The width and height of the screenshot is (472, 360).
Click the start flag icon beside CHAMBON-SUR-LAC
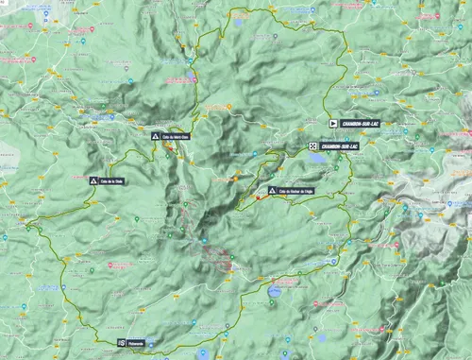333,123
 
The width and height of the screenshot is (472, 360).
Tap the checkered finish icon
312,146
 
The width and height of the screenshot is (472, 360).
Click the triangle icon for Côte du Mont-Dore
155,137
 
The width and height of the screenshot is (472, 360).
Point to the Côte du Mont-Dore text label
176,137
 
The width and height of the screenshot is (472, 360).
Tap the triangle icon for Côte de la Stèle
93,180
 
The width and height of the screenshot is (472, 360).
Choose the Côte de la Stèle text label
112,180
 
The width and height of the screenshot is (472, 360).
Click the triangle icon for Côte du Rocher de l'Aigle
272,190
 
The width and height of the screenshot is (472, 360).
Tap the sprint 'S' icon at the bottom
121,342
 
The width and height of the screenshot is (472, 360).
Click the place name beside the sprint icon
138,342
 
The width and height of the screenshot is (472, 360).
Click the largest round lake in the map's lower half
274,292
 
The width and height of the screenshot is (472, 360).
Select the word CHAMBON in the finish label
331,146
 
